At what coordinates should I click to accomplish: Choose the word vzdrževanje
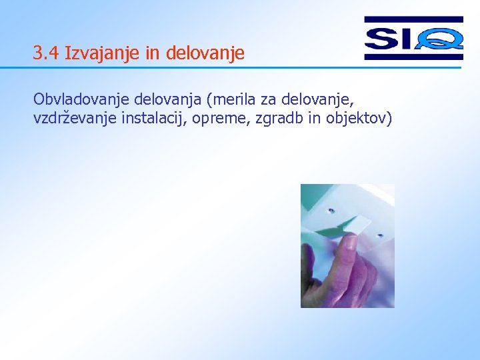(73, 119)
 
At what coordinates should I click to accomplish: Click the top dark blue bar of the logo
(413, 20)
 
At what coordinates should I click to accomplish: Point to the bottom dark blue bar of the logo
(413, 57)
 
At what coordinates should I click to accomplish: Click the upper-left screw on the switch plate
(331, 210)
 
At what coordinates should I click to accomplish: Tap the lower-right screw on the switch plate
(380, 235)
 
